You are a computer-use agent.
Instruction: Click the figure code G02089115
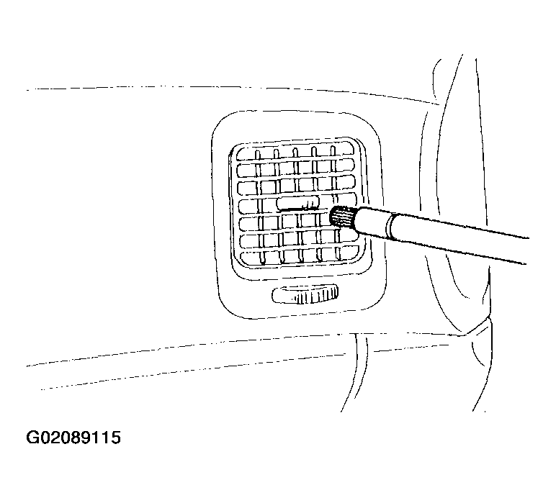point(73,438)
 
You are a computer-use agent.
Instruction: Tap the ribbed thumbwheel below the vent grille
point(305,294)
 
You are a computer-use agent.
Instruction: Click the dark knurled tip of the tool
point(342,217)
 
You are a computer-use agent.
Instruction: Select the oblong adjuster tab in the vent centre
point(297,203)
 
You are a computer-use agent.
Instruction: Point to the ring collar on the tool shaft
point(390,226)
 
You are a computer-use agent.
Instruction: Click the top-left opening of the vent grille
point(246,154)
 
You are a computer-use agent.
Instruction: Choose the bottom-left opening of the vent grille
point(251,258)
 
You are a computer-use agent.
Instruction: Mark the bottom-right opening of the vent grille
point(349,253)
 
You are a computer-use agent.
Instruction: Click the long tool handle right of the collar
point(459,237)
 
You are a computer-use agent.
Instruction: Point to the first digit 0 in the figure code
point(48,438)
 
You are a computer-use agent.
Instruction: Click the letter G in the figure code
point(34,438)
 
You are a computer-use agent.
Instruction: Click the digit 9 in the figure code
point(90,438)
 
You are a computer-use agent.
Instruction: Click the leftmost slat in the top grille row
point(258,155)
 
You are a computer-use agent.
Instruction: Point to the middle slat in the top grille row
point(295,153)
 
